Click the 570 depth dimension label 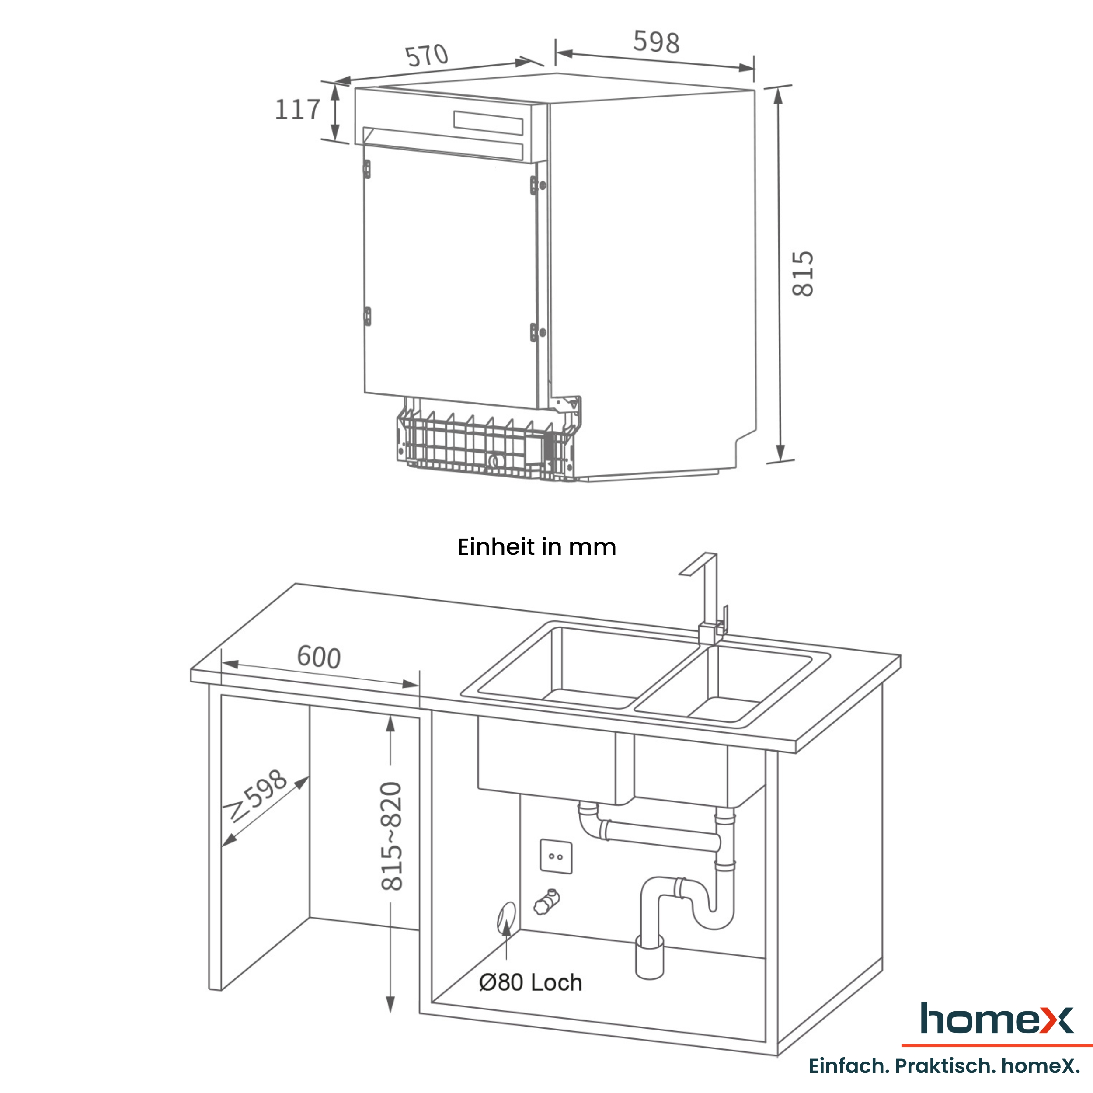[427, 56]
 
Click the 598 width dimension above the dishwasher [656, 42]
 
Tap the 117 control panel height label [298, 109]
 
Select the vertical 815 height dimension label [802, 274]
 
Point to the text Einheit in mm [537, 547]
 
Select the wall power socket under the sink [556, 856]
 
